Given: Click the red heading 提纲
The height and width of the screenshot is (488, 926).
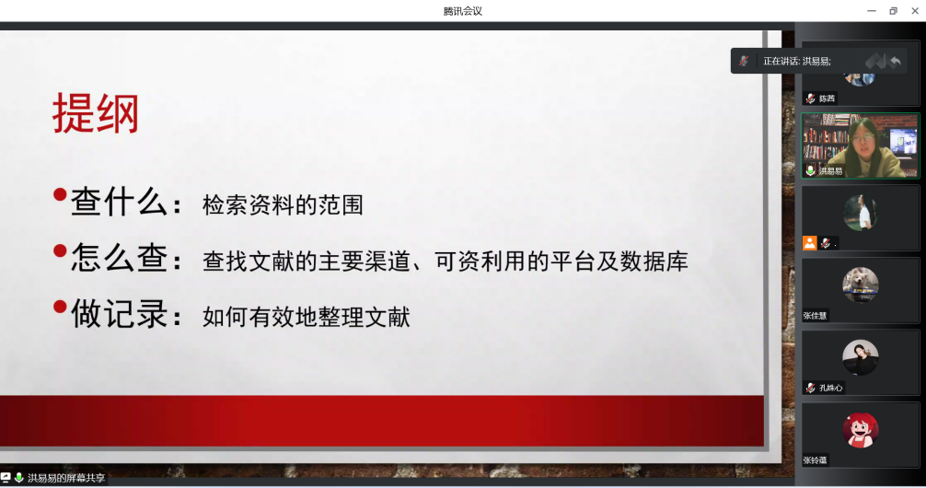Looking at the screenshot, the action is [x=96, y=113].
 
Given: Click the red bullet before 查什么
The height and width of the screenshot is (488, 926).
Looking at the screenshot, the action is [x=60, y=194].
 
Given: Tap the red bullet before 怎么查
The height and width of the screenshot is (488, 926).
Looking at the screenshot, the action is [x=60, y=251].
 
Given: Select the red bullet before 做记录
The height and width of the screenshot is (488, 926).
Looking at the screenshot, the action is [x=60, y=307].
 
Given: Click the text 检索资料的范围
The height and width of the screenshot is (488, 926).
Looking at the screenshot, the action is [x=283, y=205].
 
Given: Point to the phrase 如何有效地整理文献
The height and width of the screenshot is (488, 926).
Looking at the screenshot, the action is [x=306, y=317].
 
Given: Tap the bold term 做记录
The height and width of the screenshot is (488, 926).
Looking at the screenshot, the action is [x=120, y=313].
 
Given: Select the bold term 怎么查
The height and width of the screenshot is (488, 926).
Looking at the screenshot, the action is [x=120, y=257].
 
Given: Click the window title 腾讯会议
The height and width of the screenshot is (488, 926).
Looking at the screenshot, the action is [x=463, y=11].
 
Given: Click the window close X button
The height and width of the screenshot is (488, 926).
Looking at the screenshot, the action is [x=915, y=11].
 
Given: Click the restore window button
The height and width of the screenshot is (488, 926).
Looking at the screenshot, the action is [x=893, y=11].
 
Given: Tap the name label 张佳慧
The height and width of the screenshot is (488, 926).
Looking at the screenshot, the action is [x=815, y=316].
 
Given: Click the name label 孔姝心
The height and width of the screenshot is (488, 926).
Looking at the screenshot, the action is [x=830, y=388].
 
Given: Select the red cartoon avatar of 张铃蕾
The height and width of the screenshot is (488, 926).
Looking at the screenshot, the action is [x=861, y=430].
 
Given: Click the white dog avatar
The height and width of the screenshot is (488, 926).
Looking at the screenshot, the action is [x=861, y=285].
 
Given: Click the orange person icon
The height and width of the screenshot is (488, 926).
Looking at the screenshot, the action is [x=809, y=243].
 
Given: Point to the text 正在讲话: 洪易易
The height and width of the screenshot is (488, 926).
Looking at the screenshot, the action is [x=796, y=61].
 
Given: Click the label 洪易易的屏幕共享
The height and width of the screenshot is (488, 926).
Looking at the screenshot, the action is [x=66, y=478].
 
